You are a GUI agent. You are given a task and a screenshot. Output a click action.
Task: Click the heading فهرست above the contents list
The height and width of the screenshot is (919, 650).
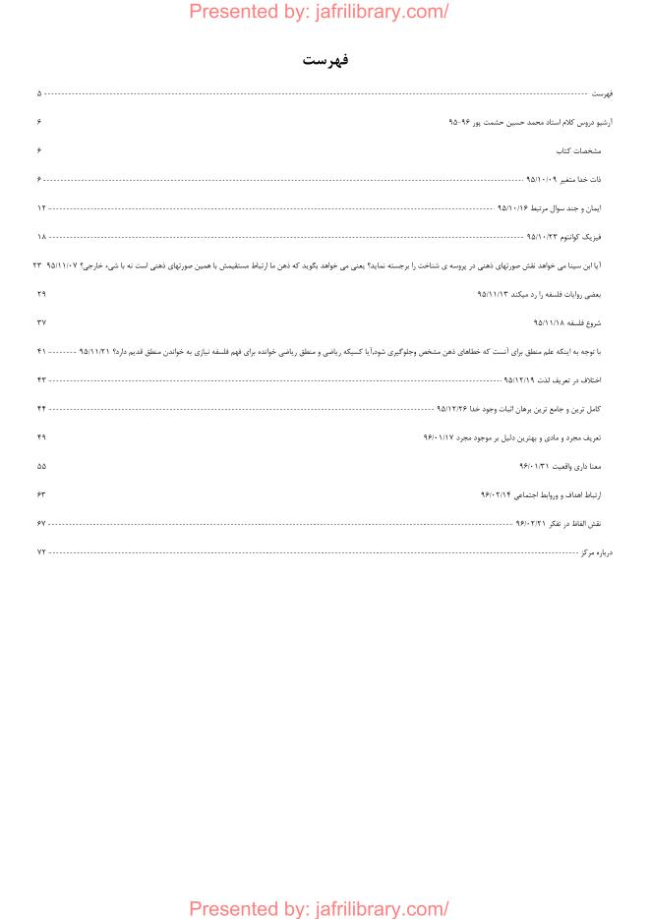click(325, 61)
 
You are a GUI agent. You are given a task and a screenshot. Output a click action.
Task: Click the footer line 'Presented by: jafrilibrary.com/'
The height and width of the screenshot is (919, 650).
click(319, 908)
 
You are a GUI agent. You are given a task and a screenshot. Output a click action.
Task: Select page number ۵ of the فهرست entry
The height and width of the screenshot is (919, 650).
click(39, 93)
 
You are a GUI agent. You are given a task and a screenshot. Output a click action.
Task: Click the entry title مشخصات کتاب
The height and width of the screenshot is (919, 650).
click(578, 151)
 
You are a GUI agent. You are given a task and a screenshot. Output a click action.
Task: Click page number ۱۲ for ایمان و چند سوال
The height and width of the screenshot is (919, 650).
click(41, 208)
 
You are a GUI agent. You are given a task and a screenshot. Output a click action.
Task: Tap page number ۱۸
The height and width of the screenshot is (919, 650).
click(41, 237)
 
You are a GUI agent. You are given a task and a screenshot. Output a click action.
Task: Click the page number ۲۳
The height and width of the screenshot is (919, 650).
click(37, 265)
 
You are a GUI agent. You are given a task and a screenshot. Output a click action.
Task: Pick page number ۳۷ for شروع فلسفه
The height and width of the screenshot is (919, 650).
click(41, 322)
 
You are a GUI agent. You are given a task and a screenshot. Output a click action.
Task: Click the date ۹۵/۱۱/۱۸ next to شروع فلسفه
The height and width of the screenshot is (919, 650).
click(549, 322)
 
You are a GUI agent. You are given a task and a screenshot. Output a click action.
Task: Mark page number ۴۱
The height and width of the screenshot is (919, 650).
click(41, 351)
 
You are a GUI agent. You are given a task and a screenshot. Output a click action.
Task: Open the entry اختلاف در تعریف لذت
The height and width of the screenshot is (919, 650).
click(568, 379)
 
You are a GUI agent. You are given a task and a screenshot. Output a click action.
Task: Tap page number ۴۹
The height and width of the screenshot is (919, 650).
click(41, 436)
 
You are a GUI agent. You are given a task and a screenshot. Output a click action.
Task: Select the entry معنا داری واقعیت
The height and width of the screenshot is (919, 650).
click(575, 466)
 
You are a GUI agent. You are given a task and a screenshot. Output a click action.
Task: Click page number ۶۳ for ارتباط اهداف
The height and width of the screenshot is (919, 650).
click(41, 494)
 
